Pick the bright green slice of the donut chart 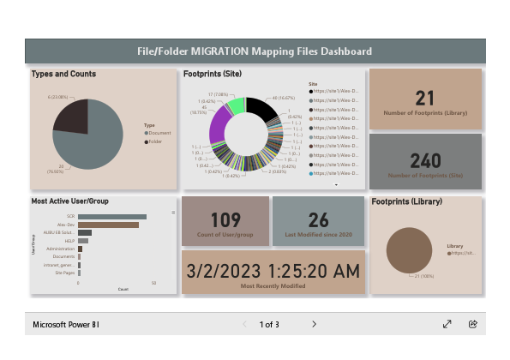click(x=234, y=105)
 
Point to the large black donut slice click(x=263, y=110)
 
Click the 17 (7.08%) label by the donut click(x=216, y=95)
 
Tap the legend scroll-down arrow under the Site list click(x=336, y=184)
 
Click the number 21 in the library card click(x=425, y=99)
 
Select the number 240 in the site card click(x=425, y=160)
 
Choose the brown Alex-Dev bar click(x=108, y=225)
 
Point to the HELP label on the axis click(x=70, y=241)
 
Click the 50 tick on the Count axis click(x=153, y=282)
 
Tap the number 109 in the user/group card click(x=225, y=220)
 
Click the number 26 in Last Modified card click(x=318, y=220)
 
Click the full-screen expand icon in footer click(x=447, y=324)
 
